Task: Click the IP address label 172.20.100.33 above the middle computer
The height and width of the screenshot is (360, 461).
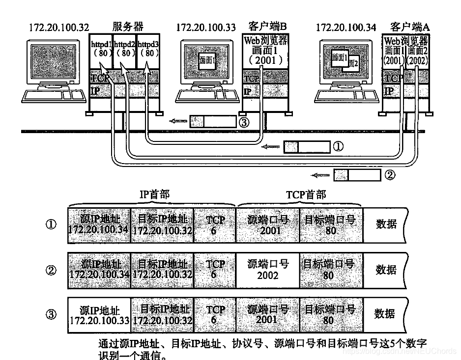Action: (x=206, y=27)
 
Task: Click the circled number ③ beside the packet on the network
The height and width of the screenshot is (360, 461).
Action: (x=243, y=121)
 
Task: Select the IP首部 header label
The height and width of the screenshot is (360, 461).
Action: (x=154, y=195)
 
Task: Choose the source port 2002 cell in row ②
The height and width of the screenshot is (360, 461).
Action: (x=267, y=270)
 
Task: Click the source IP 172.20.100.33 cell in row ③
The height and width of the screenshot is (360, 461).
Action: (x=99, y=315)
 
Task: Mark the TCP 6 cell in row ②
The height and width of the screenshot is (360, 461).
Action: (x=215, y=270)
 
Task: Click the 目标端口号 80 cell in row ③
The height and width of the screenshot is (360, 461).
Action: (x=330, y=315)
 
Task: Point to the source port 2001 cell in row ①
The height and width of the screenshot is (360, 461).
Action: (x=267, y=225)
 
